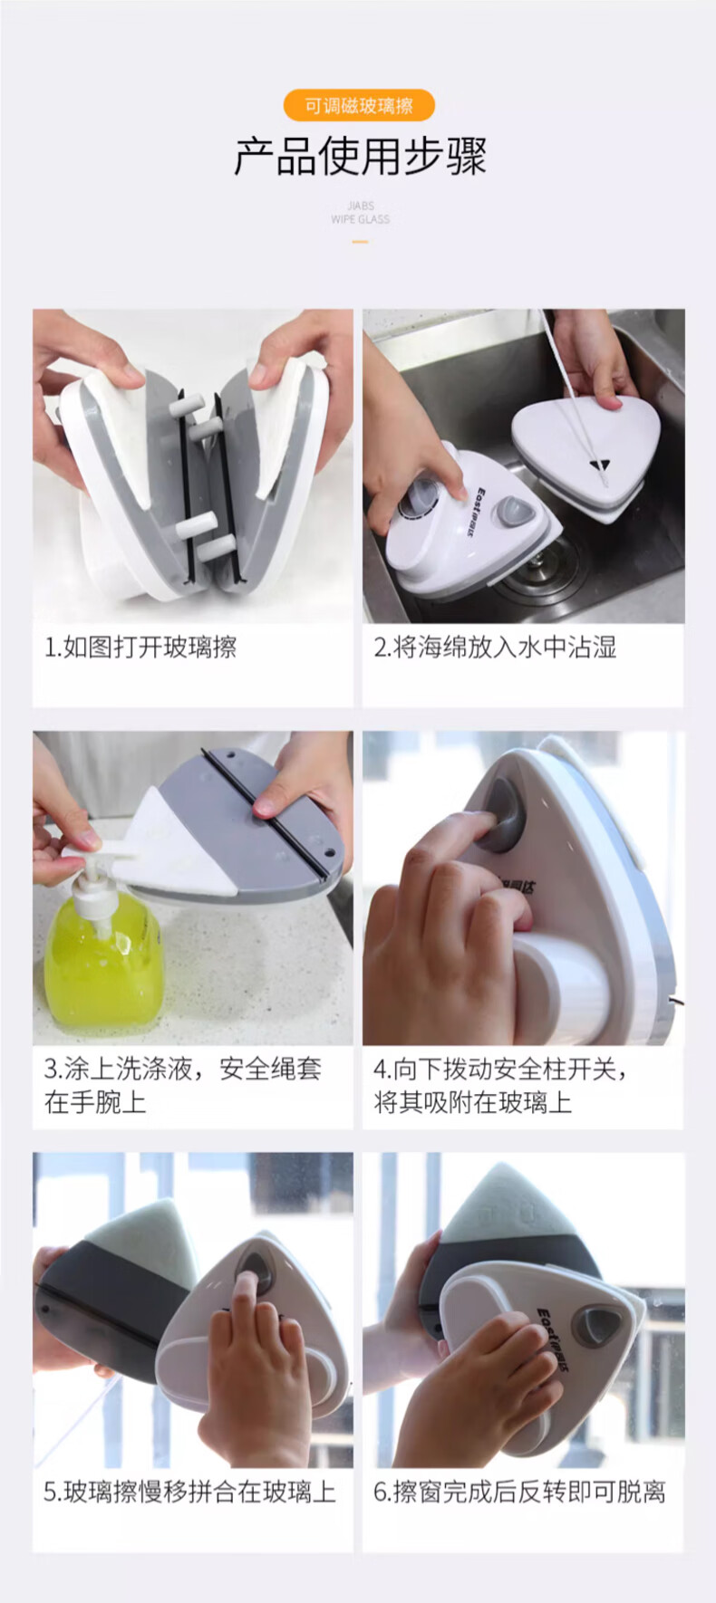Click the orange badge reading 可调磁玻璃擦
[x=359, y=106]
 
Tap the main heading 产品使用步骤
[x=360, y=157]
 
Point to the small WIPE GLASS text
[x=360, y=219]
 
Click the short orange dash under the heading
[x=360, y=242]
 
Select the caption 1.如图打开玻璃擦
[x=140, y=647]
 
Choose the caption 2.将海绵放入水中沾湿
[x=495, y=647]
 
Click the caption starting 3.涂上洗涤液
[x=182, y=1085]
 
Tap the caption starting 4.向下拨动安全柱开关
[x=500, y=1085]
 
